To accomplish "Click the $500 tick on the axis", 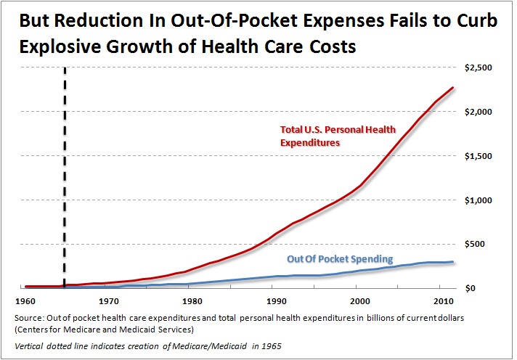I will [482, 245].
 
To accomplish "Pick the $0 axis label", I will [487, 288].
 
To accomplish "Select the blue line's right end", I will [454, 261].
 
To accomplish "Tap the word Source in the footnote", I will [38, 318].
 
